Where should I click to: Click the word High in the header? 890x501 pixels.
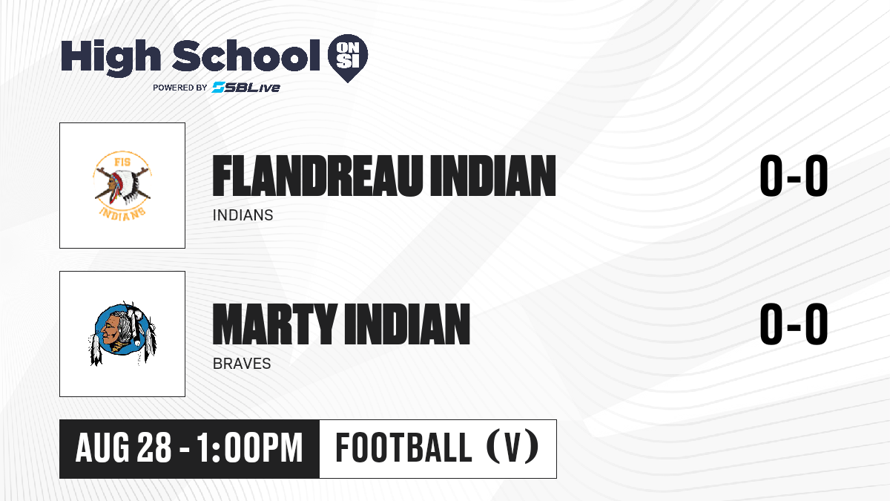[111, 57]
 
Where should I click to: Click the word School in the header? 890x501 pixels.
[246, 55]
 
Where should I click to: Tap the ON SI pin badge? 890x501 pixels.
[348, 58]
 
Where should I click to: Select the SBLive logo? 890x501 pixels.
[246, 88]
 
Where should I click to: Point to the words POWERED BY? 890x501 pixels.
[180, 88]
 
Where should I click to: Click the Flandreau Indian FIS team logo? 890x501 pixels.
[122, 186]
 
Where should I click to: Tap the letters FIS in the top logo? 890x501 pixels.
[122, 162]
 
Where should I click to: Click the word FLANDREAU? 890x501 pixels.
[317, 176]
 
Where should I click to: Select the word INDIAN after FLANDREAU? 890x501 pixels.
[493, 176]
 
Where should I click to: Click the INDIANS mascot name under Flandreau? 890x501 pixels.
[243, 215]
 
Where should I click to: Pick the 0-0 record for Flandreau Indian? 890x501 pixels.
[794, 176]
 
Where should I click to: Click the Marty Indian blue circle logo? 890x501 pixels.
[122, 333]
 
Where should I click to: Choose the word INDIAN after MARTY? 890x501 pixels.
[408, 324]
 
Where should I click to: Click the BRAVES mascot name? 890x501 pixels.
[242, 364]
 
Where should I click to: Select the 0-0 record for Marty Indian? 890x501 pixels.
[794, 324]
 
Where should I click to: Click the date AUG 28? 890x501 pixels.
[123, 448]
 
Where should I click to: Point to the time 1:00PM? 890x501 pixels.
[250, 448]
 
